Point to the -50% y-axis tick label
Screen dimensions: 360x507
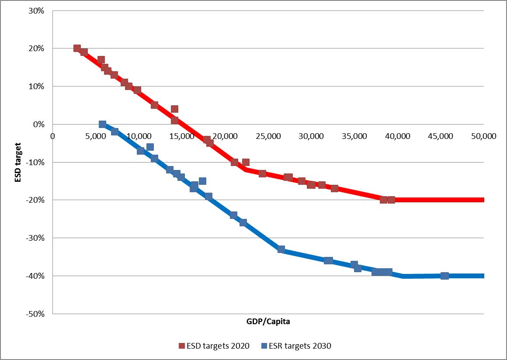[x=35, y=314]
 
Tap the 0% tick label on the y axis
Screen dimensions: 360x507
[x=39, y=125]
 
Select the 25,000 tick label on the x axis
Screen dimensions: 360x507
[x=268, y=136]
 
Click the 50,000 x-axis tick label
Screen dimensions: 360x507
[x=483, y=136]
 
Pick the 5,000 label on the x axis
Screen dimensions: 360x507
[x=96, y=136]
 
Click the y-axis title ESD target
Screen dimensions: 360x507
[x=18, y=162]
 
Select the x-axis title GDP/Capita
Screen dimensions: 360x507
[x=268, y=322]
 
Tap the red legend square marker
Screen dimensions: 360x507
[x=182, y=346]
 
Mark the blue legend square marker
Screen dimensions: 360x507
[x=264, y=346]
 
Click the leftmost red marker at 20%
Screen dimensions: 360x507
[x=77, y=48]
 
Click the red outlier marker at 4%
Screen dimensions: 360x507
[x=174, y=109]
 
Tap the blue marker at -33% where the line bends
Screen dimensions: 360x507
[x=281, y=249]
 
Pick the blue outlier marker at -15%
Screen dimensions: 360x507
[x=202, y=181]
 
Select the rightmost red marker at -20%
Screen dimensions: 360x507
[x=391, y=200]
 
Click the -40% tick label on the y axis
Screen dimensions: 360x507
[x=35, y=276]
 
